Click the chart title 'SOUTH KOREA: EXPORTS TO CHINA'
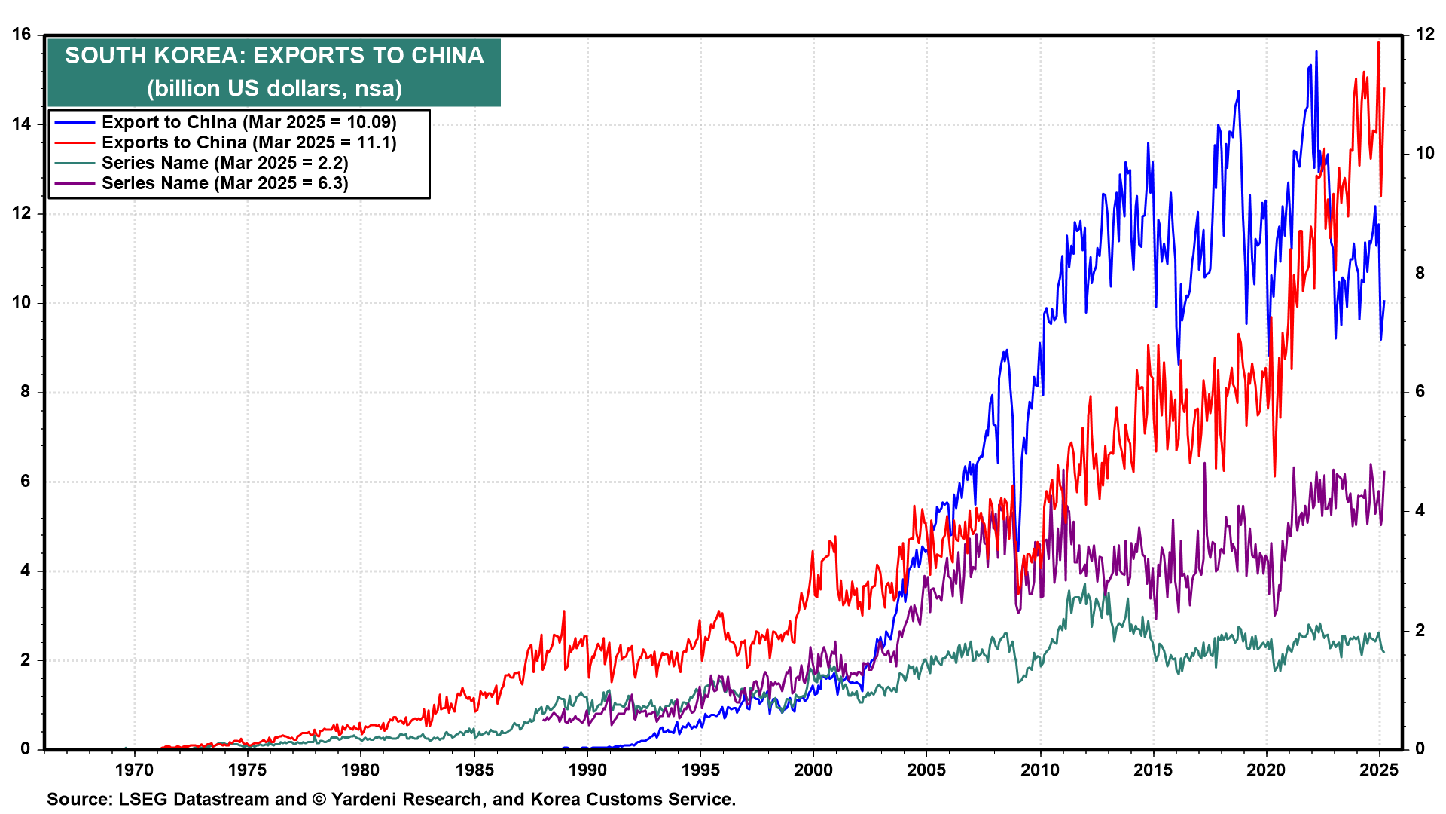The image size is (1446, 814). coord(274,56)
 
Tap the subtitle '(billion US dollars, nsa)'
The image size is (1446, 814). coord(274,89)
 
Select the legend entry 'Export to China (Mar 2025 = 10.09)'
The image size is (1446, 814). coord(249,122)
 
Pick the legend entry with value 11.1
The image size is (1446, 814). coord(249,142)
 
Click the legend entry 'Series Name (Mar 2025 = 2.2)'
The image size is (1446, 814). coord(224,163)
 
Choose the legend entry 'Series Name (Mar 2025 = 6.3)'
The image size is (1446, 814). coord(224,183)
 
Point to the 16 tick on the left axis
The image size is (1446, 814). coord(21,35)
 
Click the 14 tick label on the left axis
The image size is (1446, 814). coord(21,124)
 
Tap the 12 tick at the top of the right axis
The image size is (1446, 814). coord(1425,35)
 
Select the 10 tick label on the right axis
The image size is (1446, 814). coord(1425,154)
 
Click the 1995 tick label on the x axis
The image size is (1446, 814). coord(700,770)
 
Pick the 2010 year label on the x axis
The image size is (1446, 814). coord(1040,770)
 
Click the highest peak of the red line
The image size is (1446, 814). coord(1378,43)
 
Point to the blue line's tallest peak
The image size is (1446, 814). coord(1316,52)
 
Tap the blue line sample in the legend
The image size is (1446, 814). coord(75,122)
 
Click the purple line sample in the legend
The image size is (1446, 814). coord(75,183)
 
